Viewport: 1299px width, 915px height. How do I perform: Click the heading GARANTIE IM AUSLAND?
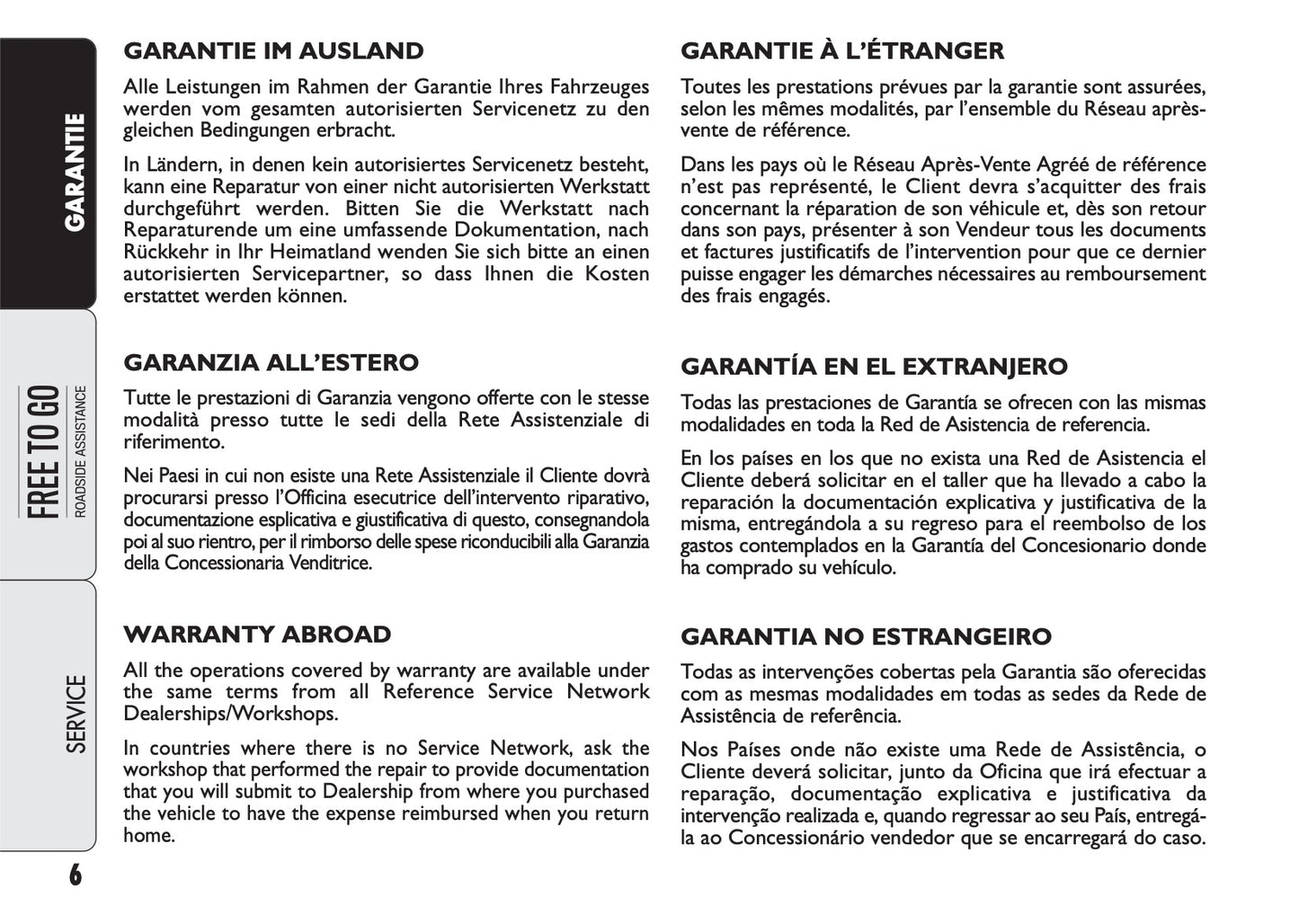[273, 51]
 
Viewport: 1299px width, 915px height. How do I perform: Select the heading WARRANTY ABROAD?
[257, 635]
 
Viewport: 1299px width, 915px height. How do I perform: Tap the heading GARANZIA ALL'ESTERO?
[271, 363]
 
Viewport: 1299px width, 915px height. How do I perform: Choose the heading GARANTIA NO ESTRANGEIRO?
[866, 637]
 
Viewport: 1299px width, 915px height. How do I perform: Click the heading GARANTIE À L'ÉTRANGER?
[842, 51]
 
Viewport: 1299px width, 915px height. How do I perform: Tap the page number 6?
[75, 875]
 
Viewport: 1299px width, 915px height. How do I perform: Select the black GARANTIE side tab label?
[76, 171]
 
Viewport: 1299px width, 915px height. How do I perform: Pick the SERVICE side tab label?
[76, 715]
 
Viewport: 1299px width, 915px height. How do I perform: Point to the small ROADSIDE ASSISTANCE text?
[81, 452]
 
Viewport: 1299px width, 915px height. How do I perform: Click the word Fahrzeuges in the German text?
[602, 88]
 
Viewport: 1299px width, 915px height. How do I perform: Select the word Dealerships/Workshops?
[231, 714]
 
